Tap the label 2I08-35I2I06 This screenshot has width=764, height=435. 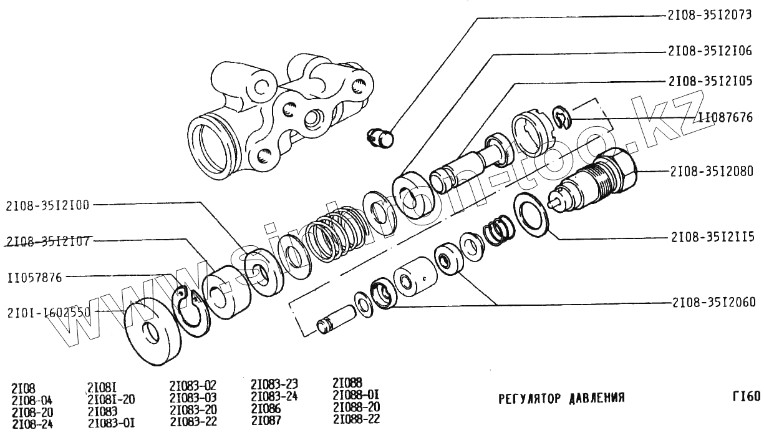[x=710, y=51]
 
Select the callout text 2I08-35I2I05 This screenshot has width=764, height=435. [x=710, y=82]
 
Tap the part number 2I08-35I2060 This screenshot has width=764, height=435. [x=714, y=303]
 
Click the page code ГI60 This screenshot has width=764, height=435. [x=746, y=396]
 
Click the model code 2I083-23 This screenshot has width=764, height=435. [x=274, y=383]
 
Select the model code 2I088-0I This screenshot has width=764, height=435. [x=356, y=395]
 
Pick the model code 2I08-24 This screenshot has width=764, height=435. [x=32, y=424]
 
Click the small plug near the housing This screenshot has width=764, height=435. [x=379, y=137]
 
